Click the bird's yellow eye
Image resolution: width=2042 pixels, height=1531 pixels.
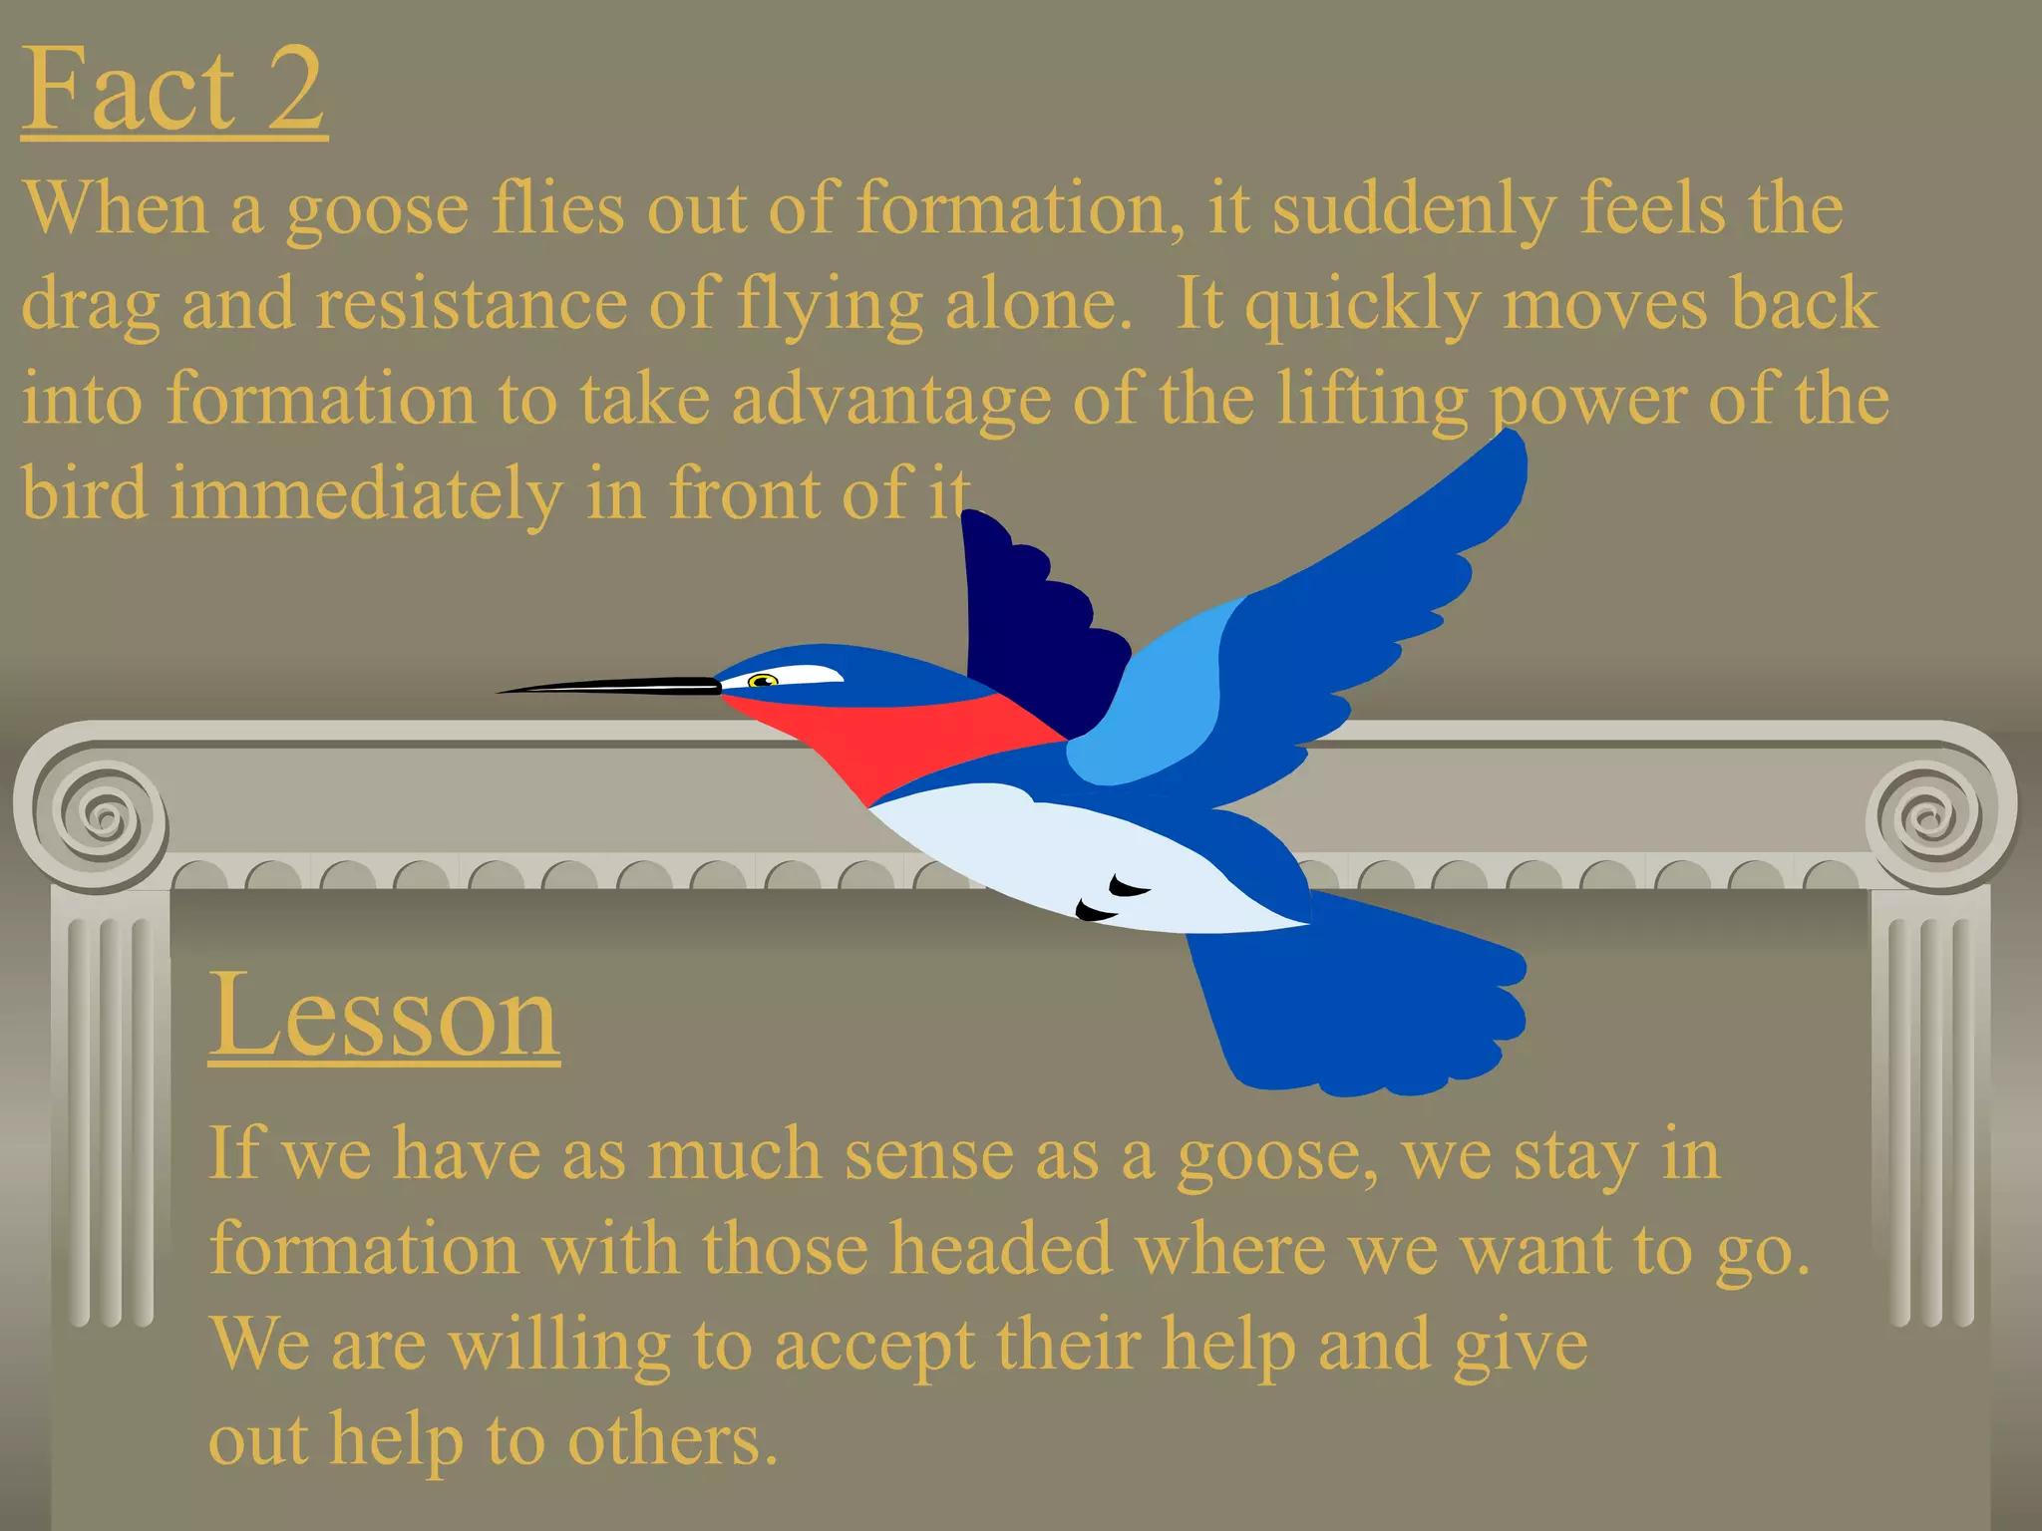click(763, 681)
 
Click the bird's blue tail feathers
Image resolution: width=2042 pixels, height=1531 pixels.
click(1366, 1007)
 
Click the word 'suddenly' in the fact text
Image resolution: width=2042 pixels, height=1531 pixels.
click(1414, 209)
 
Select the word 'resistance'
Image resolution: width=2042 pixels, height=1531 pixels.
click(473, 304)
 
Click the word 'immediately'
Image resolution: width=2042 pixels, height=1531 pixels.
click(366, 494)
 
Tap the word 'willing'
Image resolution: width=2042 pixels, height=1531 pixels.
click(558, 1346)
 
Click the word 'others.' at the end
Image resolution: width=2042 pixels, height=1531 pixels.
click(672, 1440)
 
